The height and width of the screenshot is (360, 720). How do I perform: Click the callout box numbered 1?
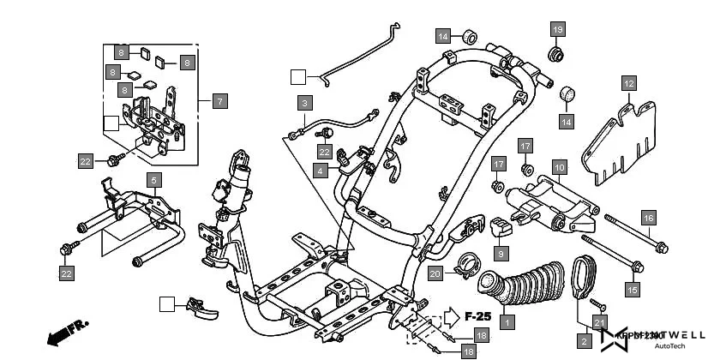(507, 322)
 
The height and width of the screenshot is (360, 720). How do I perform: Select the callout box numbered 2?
(585, 341)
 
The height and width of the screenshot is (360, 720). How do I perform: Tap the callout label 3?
(303, 103)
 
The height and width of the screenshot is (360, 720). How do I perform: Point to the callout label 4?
(320, 171)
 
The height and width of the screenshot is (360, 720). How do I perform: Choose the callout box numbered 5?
(153, 180)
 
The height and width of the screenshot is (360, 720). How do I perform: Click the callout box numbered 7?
(219, 101)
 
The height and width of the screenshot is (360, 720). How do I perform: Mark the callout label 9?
(501, 253)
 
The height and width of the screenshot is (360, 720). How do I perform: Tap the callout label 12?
(628, 83)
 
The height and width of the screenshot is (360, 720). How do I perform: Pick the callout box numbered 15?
(633, 290)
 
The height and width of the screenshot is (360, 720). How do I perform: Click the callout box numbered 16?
(649, 218)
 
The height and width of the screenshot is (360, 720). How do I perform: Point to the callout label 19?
(557, 30)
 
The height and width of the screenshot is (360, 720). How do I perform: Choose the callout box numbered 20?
(435, 273)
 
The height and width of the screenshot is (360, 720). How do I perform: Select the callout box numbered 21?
(600, 321)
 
